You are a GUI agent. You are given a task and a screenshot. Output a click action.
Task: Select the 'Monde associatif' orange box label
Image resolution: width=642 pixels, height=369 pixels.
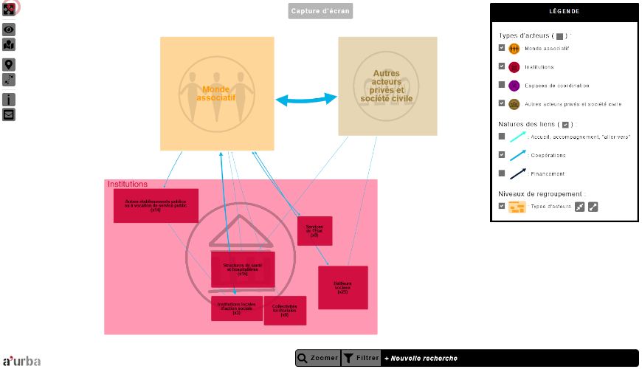point(217,93)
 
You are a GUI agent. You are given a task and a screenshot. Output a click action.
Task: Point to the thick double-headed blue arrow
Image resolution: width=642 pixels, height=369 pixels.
point(306,100)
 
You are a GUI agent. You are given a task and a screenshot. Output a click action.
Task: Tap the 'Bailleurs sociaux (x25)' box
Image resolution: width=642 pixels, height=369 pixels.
point(342,287)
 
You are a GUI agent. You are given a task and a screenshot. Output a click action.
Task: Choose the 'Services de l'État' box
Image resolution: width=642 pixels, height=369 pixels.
point(315,231)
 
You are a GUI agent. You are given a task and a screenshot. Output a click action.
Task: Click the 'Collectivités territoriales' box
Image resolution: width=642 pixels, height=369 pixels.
point(285,311)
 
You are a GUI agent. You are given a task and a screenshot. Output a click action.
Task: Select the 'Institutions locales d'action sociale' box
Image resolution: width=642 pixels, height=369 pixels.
point(236,308)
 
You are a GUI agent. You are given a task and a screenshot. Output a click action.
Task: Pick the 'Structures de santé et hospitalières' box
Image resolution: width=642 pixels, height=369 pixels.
point(243,269)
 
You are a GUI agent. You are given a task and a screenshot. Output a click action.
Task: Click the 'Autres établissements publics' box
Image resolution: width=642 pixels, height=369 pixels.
point(156,205)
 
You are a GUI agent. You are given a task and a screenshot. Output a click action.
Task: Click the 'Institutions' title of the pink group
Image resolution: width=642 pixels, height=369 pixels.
point(128,184)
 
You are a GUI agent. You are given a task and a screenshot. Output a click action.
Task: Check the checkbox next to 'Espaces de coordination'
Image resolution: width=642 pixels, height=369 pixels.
point(502,85)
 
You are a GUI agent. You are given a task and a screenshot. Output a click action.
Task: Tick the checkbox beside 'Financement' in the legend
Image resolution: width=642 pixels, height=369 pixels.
point(502,173)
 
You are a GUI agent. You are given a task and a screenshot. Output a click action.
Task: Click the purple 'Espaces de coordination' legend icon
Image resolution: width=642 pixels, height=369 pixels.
point(514,85)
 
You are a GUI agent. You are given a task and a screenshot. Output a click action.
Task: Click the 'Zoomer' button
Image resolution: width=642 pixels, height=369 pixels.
point(318,359)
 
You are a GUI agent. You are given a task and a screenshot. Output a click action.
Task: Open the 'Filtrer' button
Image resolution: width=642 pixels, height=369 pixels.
point(361,359)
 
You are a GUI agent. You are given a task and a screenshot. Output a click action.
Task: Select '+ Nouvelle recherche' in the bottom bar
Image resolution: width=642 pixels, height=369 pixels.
point(421,359)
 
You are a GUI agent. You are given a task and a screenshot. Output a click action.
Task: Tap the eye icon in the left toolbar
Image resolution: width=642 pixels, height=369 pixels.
point(9,30)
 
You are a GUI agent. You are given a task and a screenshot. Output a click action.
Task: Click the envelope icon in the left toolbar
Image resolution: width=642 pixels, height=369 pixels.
point(9,114)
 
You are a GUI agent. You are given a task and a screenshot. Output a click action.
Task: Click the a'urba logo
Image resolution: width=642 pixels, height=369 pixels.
point(21,361)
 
